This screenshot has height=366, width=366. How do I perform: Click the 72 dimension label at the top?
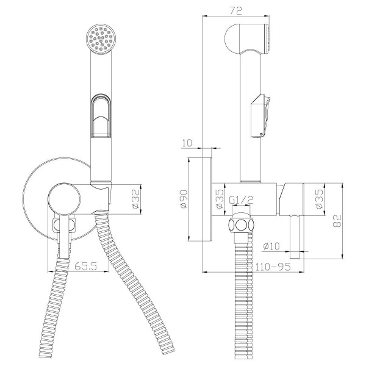click(x=235, y=11)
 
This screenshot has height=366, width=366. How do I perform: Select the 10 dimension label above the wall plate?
click(x=187, y=143)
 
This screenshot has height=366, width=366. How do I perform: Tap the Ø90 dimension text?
click(x=184, y=199)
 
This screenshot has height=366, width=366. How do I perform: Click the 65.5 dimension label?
click(x=85, y=266)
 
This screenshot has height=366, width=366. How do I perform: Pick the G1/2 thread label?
click(x=241, y=200)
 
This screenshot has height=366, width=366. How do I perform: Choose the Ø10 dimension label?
click(x=271, y=246)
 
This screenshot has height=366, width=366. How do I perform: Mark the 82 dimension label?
click(x=337, y=221)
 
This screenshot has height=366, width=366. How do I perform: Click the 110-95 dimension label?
click(x=273, y=267)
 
